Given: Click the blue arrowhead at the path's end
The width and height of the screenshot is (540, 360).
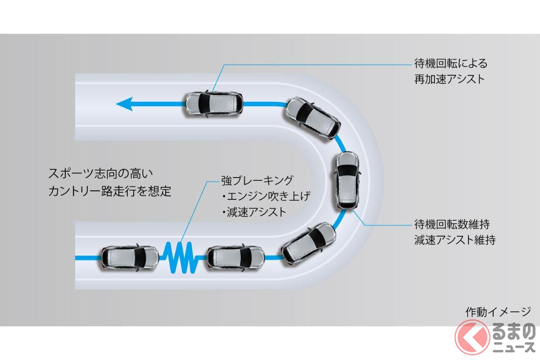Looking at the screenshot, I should [x=124, y=104].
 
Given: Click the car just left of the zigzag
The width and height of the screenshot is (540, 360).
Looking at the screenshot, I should [x=130, y=258].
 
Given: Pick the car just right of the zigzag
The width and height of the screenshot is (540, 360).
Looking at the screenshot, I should [x=236, y=258].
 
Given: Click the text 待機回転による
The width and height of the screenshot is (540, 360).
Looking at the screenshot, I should [x=450, y=63].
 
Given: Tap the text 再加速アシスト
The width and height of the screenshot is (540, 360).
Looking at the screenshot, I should [x=450, y=79].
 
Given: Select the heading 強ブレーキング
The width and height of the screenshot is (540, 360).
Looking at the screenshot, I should [x=257, y=181].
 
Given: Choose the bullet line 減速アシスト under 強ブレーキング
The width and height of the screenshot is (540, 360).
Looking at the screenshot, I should [x=255, y=211].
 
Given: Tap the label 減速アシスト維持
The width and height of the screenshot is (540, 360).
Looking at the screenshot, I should [x=454, y=239].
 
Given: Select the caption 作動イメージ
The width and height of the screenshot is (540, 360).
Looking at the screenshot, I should [x=498, y=311].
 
